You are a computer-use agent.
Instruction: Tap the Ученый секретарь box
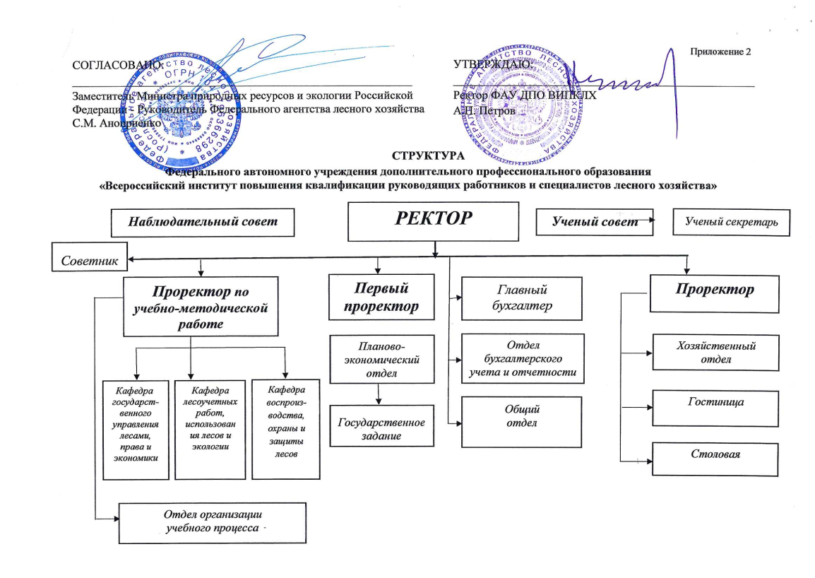tap(731, 222)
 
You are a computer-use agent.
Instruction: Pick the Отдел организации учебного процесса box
tap(212, 522)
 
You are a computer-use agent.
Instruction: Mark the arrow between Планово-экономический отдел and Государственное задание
tap(381, 394)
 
